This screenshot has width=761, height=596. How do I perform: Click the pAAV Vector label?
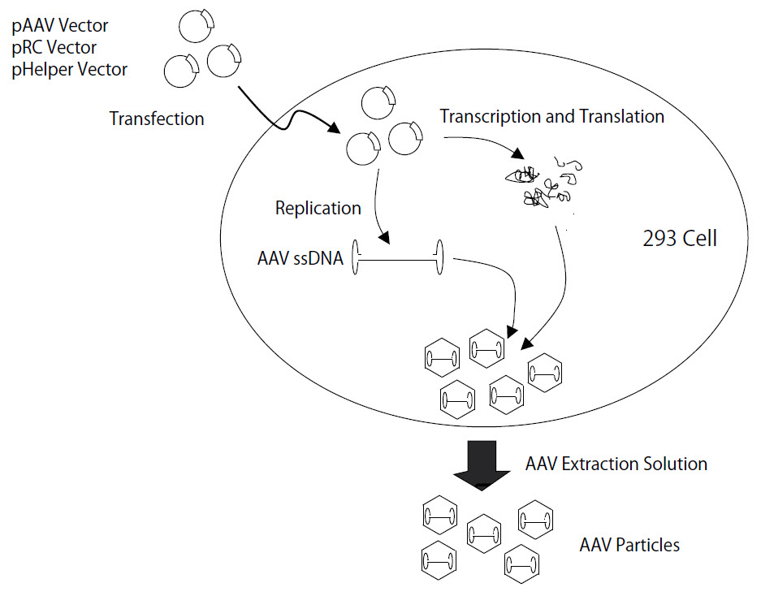[x=59, y=26]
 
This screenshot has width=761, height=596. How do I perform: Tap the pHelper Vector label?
[x=69, y=70]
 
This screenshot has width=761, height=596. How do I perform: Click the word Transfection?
[x=157, y=119]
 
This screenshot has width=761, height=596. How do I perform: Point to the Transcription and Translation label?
[x=551, y=116]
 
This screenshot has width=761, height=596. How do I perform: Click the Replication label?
[x=318, y=208]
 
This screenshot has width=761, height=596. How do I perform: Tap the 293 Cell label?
[x=679, y=240]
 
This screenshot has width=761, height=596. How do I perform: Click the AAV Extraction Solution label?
[x=616, y=464]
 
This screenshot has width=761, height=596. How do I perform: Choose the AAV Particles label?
[x=629, y=544]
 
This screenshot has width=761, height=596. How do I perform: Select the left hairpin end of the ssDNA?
[x=356, y=259]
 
